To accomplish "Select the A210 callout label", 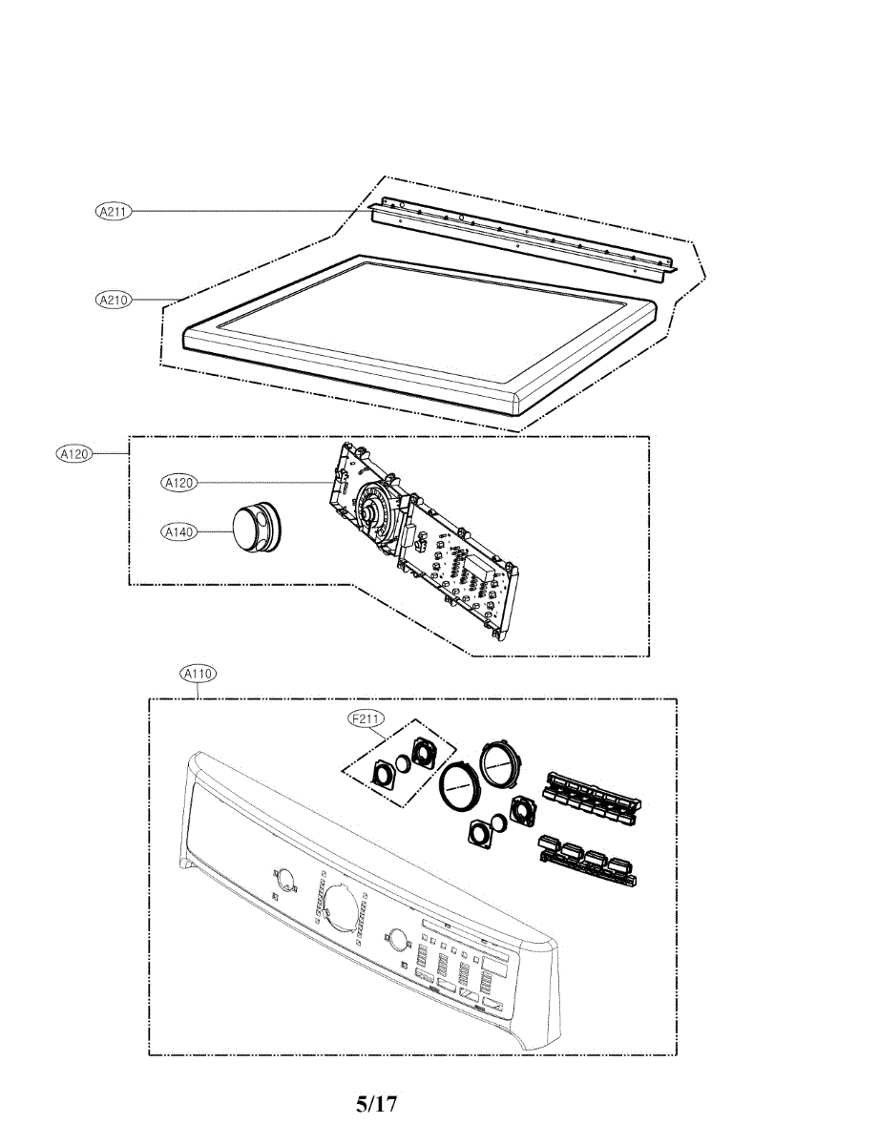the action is point(114,300).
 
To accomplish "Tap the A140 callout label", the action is point(178,531).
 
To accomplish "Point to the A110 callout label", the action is point(199,674).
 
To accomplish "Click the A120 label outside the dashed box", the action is point(73,454).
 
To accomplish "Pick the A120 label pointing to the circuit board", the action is point(178,483).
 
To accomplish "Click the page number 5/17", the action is point(376,1105).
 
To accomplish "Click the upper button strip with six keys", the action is point(589,795).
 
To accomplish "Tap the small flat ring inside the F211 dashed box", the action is point(404,763).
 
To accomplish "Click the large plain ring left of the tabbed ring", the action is point(461,788).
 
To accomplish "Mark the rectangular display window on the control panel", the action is point(449,926).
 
